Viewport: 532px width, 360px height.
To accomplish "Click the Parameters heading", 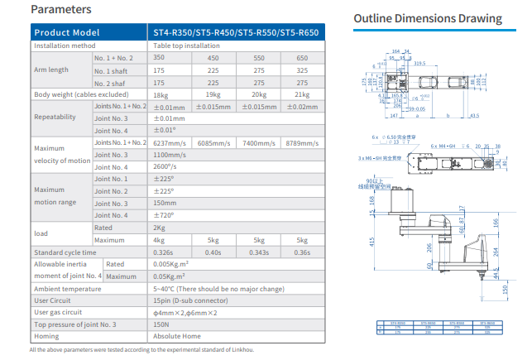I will tap(60, 10).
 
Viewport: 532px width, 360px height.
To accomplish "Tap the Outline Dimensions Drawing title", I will tap(427, 18).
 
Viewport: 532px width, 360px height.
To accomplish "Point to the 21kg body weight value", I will tap(302, 94).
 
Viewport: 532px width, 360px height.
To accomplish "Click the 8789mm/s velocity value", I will tap(302, 143).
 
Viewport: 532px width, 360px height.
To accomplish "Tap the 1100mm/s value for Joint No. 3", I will tap(171, 155).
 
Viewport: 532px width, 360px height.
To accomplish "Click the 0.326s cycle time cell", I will tap(164, 252).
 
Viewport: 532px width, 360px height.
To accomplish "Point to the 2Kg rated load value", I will tap(160, 228).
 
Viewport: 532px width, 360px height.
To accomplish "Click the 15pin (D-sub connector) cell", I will tap(190, 300).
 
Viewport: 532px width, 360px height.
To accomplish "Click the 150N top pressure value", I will tap(162, 324).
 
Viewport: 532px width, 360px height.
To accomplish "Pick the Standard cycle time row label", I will tap(65, 252).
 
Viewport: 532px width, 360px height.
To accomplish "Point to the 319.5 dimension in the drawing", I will tap(419, 62).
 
